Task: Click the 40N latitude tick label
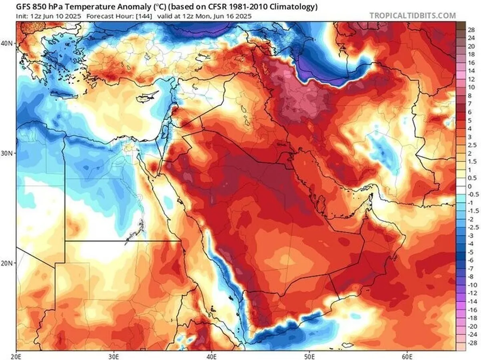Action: [8, 43]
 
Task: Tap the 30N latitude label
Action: [8, 153]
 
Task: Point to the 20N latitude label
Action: [8, 263]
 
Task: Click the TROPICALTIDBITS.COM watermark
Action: [412, 16]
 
